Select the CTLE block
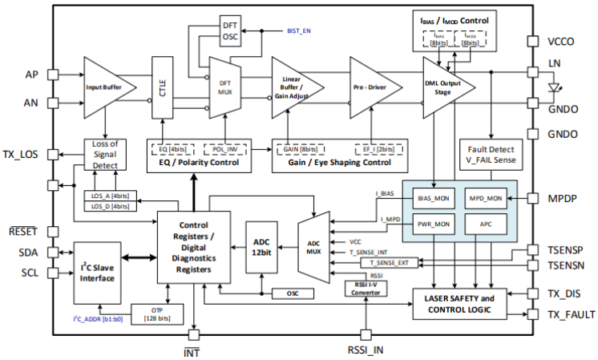(x=163, y=87)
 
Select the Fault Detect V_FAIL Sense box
(x=491, y=154)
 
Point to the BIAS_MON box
(x=434, y=197)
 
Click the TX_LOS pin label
(x=22, y=154)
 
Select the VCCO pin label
(x=562, y=40)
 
